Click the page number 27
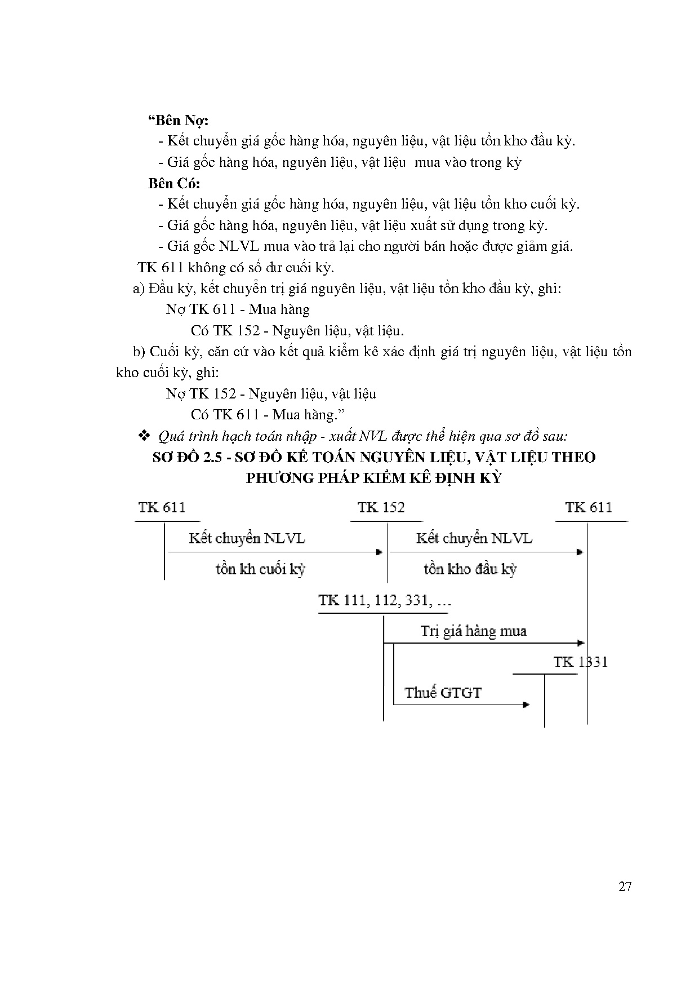pos(625,887)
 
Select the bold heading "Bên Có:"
pos(174,183)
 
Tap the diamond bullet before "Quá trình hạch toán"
pos(143,436)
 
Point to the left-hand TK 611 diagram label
pos(162,507)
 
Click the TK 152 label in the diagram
pos(381,507)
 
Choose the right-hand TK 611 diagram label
pos(589,507)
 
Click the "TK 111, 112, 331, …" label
pos(385,600)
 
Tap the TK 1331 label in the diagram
pos(580,662)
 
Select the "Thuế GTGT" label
pos(443,693)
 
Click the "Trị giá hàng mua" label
pos(473,631)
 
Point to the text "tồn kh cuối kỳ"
pos(260,569)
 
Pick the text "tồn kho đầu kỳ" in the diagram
pos(470,569)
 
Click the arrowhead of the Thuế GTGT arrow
pos(526,705)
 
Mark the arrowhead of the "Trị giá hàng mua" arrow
pos(581,643)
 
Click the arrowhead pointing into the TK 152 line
pos(380,552)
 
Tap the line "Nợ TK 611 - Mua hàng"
pos(238,309)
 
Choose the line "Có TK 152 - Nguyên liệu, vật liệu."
pos(297,330)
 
